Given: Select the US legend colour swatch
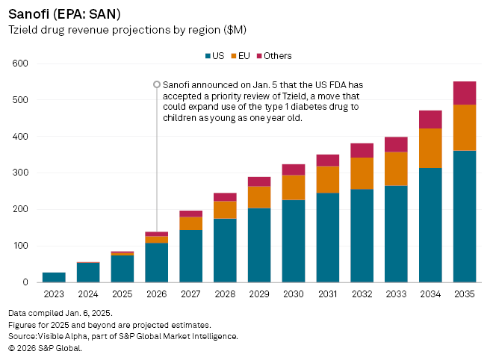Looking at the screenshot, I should coord(208,56).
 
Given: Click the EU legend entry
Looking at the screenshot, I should coord(242,56).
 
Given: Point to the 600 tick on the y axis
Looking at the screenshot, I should coord(20,63).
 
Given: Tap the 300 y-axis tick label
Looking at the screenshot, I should coord(20,173).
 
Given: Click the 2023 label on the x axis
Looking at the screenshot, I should coord(54,294).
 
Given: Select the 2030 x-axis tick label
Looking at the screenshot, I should coord(294,294).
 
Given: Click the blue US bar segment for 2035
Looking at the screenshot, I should coord(465,217).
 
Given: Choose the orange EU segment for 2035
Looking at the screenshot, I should coord(465,128).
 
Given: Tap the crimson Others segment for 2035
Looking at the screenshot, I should coord(465,93).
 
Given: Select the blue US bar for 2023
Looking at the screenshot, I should coord(54,277).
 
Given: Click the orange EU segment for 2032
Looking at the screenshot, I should coord(362,173).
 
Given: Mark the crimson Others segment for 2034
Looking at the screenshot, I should coord(430,120).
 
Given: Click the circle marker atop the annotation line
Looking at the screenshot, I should coord(157,84).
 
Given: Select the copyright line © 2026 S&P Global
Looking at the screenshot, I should coord(45,347).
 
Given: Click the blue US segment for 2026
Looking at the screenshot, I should coord(157,263).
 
